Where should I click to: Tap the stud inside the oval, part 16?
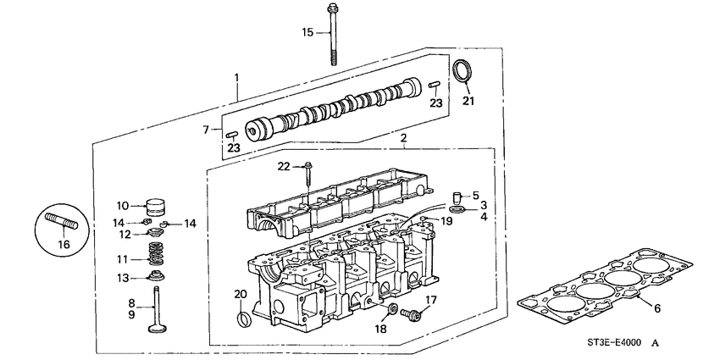(x=64, y=225)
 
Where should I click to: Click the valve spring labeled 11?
(x=156, y=254)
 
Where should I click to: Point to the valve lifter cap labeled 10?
(x=155, y=207)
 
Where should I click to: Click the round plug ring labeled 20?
(x=243, y=318)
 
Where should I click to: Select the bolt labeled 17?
(x=414, y=313)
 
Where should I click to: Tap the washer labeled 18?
(x=393, y=308)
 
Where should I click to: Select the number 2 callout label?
(x=403, y=137)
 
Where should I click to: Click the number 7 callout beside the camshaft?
(x=205, y=130)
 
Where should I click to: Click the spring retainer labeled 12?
(x=155, y=232)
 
